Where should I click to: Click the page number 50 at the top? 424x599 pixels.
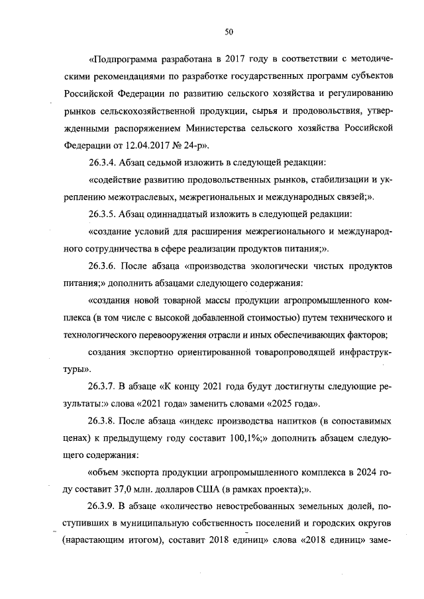229,31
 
